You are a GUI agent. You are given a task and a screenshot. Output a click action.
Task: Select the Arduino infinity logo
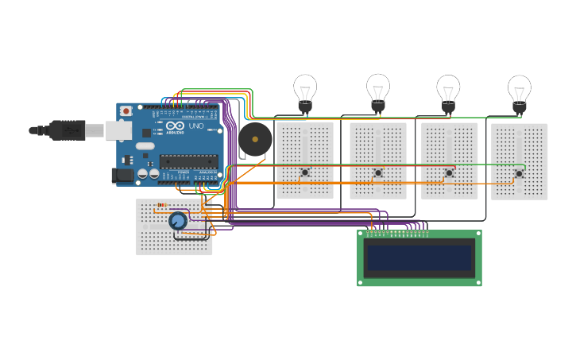coord(176,126)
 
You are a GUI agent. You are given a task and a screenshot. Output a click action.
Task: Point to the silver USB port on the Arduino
coord(119,130)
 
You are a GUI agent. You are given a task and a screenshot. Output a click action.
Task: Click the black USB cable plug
coord(68,130)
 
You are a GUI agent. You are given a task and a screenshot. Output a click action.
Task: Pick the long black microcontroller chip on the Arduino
coord(188,161)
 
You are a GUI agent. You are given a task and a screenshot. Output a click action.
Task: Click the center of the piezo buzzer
coord(254,140)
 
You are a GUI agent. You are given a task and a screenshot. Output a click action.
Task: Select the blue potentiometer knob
coord(177,221)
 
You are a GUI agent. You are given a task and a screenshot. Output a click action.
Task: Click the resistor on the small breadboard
coord(161,205)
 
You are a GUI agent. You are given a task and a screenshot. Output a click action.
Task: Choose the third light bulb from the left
coord(448,91)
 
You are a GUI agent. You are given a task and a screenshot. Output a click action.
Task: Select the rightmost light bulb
coord(519,91)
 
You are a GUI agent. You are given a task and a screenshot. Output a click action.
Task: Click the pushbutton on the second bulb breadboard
coord(378,172)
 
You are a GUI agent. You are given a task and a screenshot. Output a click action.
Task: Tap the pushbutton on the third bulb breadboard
coord(449,172)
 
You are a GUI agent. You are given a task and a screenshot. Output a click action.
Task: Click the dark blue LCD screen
coord(419,258)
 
